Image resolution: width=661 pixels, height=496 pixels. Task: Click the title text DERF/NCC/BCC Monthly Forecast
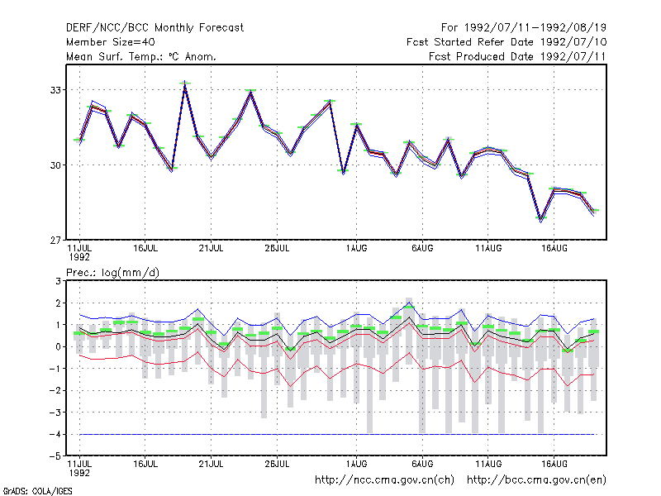point(155,28)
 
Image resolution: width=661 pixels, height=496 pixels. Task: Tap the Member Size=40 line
point(111,42)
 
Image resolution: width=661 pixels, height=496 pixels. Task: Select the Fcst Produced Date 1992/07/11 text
point(517,56)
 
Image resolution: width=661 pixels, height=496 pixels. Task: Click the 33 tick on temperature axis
point(55,90)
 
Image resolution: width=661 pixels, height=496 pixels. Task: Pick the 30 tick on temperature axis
point(55,165)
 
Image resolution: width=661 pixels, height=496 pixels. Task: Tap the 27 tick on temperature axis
point(55,240)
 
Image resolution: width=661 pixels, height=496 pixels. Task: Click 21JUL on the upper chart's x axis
point(211,249)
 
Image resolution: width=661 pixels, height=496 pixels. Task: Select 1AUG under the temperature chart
point(357,249)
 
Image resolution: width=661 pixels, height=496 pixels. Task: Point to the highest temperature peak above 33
point(184,82)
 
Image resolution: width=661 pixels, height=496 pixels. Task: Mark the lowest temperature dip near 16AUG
point(541,220)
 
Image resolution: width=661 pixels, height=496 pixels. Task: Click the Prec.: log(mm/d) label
point(112,273)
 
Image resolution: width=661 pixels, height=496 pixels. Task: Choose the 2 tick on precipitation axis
point(59,303)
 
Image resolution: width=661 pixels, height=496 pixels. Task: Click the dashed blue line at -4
point(337,434)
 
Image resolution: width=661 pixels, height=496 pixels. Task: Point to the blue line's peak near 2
point(409,303)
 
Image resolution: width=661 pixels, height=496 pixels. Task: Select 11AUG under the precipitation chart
point(488,464)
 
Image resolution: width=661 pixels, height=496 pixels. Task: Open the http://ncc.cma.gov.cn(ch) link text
point(384,480)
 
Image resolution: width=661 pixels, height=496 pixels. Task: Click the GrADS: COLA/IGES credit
point(37,491)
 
